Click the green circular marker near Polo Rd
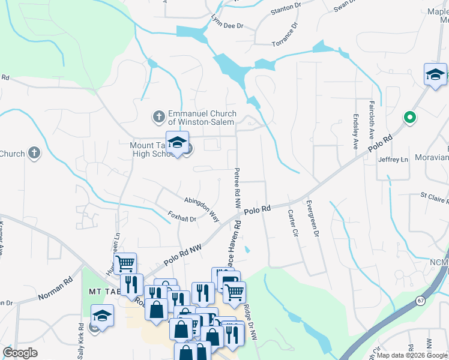tap(410, 117)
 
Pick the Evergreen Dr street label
tap(312, 219)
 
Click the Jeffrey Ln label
tap(393, 160)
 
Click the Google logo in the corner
tap(20, 353)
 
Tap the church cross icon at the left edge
tap(34, 153)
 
